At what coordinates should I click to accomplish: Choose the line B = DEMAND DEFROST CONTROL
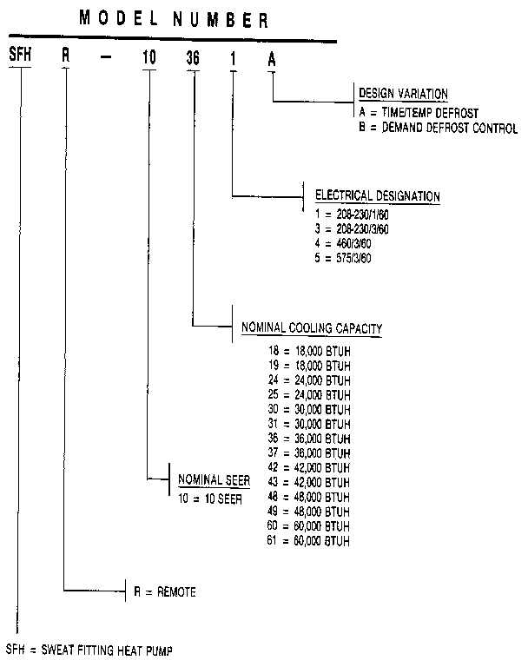tap(438, 129)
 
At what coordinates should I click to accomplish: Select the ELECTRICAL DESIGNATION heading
tap(377, 196)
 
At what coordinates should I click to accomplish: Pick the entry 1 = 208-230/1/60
tap(352, 213)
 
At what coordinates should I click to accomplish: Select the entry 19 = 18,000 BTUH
tap(310, 366)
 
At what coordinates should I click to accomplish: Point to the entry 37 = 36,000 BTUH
tap(310, 452)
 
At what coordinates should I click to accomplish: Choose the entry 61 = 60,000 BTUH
tap(310, 542)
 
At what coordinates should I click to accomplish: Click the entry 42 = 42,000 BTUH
tap(310, 468)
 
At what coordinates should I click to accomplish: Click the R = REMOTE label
tap(164, 593)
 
